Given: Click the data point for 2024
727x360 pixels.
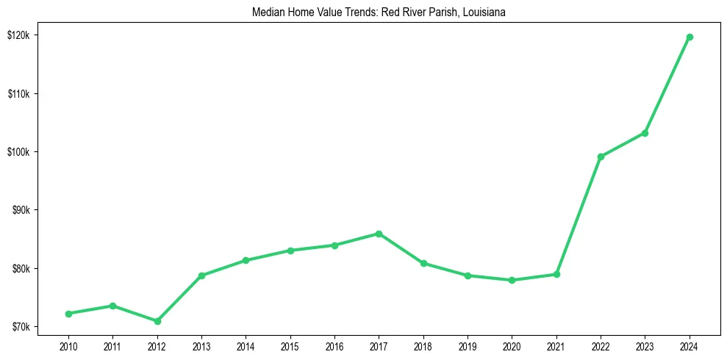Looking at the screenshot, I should click(x=689, y=37).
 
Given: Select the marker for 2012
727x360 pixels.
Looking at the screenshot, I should click(x=157, y=321).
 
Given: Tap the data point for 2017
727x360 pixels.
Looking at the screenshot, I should click(x=379, y=234).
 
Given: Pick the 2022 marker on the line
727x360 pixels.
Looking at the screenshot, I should click(x=601, y=156).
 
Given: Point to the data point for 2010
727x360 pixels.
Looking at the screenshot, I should click(x=68, y=314).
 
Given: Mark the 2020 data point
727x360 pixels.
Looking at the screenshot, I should click(x=512, y=280).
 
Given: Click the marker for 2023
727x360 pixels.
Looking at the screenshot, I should click(x=645, y=133).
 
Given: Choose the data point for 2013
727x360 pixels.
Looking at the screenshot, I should click(x=201, y=276).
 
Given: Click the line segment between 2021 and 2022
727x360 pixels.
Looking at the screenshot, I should click(x=579, y=215).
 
